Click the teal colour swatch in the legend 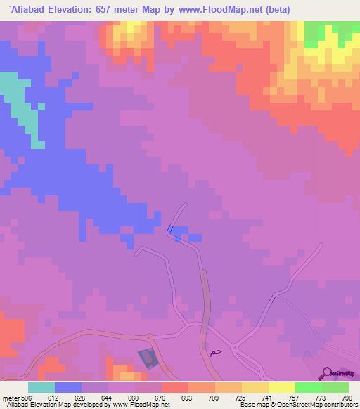pos(41,387)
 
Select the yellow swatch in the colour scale pos(281,387)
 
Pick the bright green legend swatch pos(308,387)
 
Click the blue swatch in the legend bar pos(68,387)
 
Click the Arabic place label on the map pos(212,350)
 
